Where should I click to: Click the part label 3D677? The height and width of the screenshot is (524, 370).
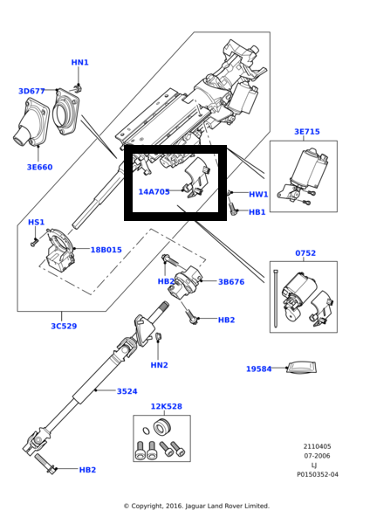(x=31, y=91)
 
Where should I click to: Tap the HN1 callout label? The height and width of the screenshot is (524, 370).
(x=79, y=62)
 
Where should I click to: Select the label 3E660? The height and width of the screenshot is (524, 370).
(x=39, y=166)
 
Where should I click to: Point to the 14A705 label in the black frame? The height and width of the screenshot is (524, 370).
(x=154, y=191)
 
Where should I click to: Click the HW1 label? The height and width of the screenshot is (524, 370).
(x=257, y=194)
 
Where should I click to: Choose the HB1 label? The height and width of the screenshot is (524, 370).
(x=257, y=212)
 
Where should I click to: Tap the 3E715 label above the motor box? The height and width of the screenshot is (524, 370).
(x=306, y=132)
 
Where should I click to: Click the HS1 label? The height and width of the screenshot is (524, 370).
(x=36, y=223)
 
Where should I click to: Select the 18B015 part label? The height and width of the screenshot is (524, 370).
(x=106, y=250)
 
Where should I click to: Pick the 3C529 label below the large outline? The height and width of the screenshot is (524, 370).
(x=63, y=326)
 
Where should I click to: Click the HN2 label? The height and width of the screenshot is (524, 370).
(x=159, y=365)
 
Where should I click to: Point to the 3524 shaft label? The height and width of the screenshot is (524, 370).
(x=127, y=391)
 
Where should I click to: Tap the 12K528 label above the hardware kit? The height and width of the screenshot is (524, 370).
(x=166, y=406)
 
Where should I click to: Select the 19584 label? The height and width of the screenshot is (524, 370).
(x=259, y=369)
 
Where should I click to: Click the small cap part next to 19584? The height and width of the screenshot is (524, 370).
(x=302, y=368)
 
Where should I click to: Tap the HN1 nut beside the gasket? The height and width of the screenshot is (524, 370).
(x=79, y=88)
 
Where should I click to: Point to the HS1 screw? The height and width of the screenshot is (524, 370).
(x=34, y=242)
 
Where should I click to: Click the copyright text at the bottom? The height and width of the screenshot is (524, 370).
(x=195, y=506)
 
